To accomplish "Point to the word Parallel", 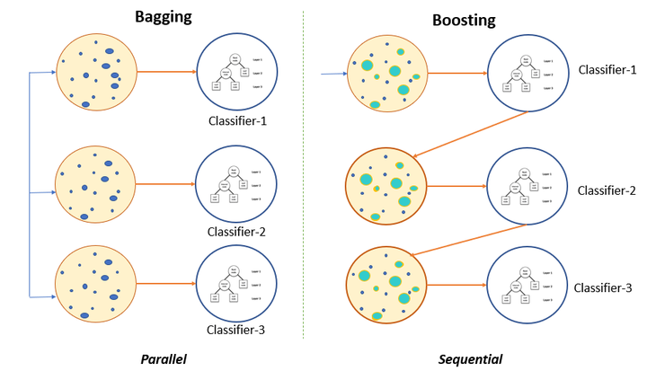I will point(168,358).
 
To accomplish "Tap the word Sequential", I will point(470,358).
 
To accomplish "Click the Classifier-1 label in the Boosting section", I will point(607,69).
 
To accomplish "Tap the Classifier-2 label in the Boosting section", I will point(607,190).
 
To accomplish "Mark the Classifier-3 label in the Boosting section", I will point(604,287).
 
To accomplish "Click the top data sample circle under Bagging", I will point(96,71).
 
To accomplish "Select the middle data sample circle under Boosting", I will point(386,185).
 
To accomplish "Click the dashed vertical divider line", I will point(304,180).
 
